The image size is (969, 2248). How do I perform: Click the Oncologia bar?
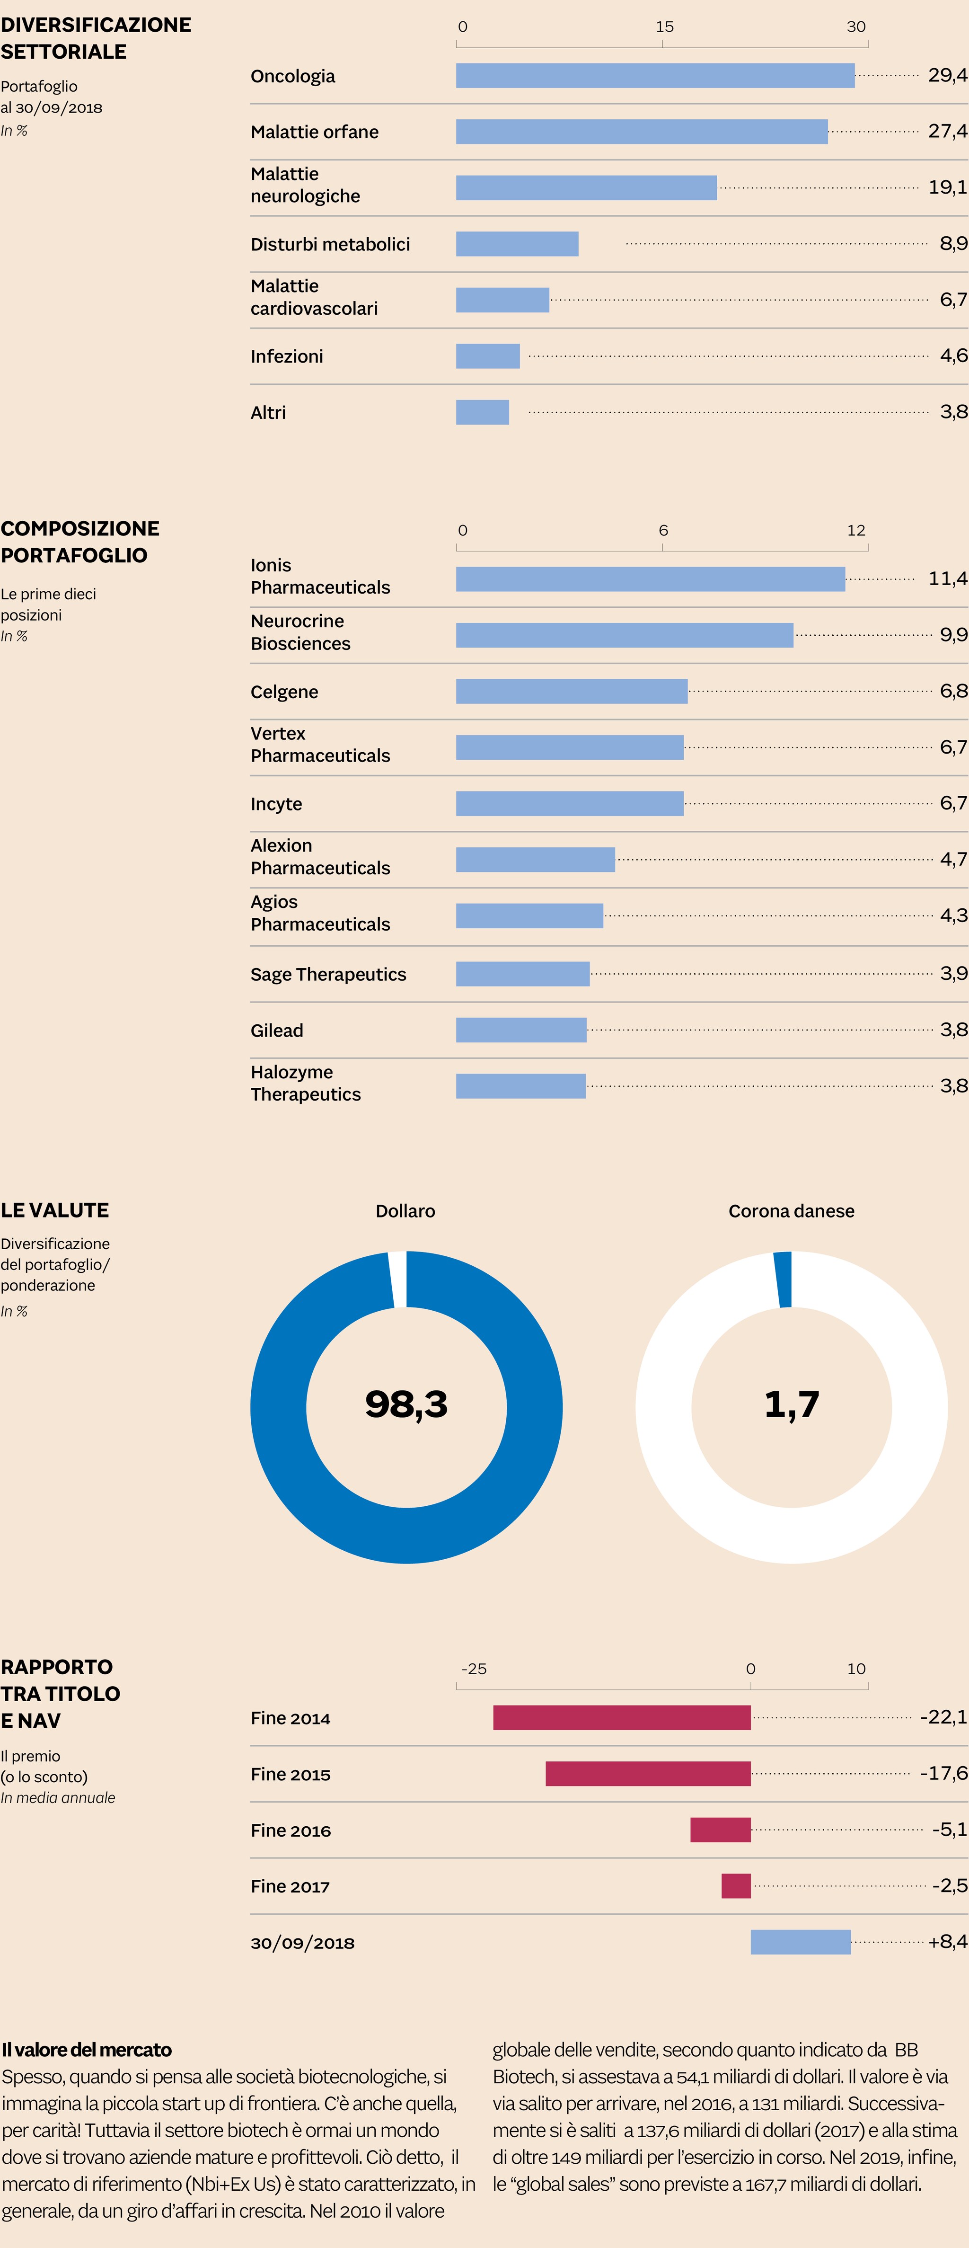pos(655,76)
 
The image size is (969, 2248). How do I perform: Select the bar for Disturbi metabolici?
pos(517,244)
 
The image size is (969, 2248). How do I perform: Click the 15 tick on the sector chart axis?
pos(665,27)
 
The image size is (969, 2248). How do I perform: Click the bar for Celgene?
pos(571,691)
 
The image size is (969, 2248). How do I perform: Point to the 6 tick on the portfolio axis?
pos(663,531)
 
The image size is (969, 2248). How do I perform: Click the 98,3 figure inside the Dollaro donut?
pos(406,1404)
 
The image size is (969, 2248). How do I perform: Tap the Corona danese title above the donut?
pos(791,1211)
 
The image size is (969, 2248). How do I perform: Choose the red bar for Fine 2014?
pos(622,1717)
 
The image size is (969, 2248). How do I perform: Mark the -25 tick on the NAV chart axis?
pos(474,1669)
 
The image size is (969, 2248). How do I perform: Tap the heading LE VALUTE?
pos(55,1210)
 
